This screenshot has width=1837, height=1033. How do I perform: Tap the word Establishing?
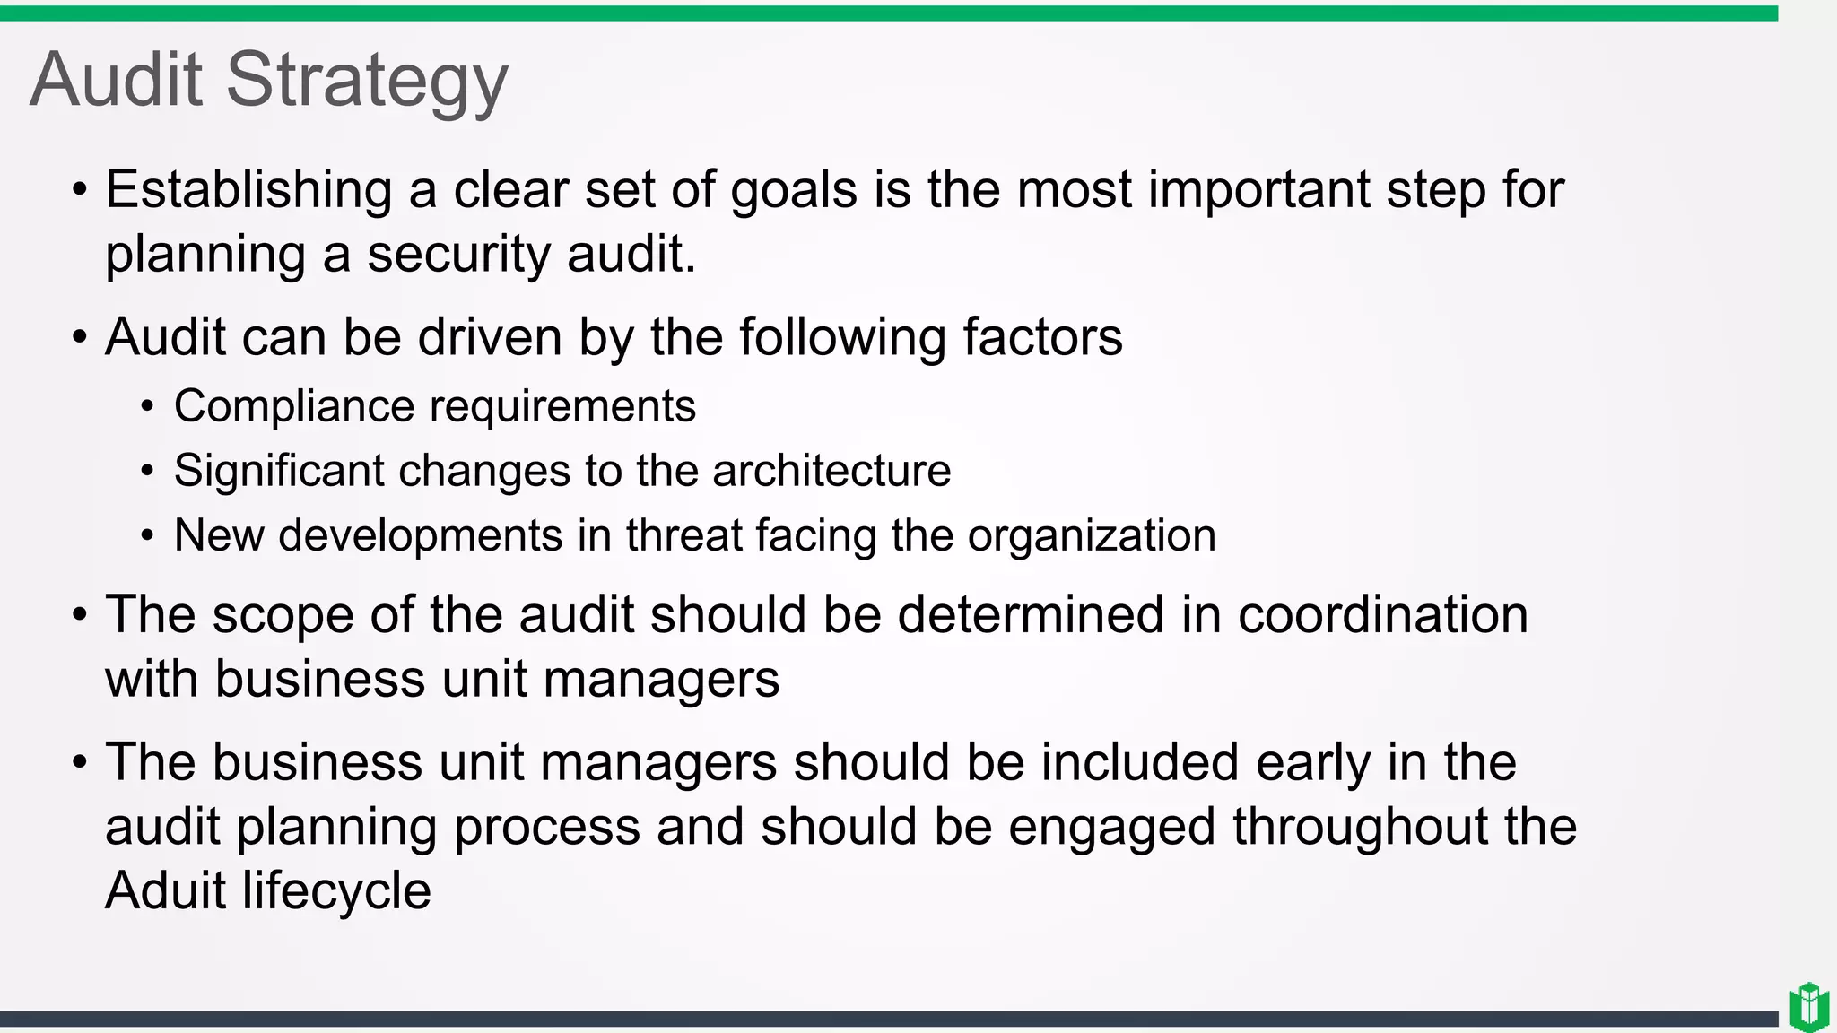pyautogui.click(x=248, y=190)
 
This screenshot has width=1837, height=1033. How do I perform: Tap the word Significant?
pyautogui.click(x=279, y=471)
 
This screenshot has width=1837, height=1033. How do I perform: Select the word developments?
pyautogui.click(x=421, y=535)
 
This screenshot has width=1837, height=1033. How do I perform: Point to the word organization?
pyautogui.click(x=1092, y=535)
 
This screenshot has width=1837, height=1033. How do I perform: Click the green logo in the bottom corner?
pyautogui.click(x=1809, y=1007)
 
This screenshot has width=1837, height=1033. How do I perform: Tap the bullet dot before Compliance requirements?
pyautogui.click(x=148, y=408)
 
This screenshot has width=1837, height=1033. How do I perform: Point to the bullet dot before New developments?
pyautogui.click(x=148, y=537)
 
